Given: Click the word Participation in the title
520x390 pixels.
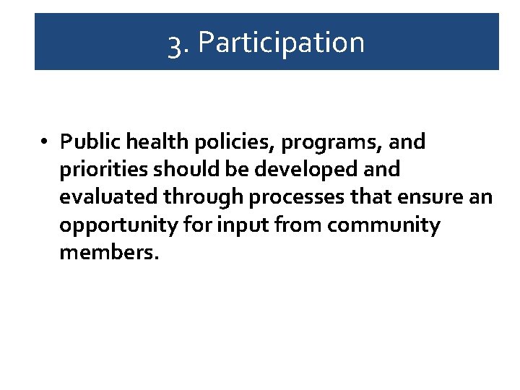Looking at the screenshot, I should (281, 43).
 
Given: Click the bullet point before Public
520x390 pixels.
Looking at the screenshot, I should (45, 142).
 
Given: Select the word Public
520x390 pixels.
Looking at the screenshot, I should (86, 142).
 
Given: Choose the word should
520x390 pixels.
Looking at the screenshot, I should (177, 170).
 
